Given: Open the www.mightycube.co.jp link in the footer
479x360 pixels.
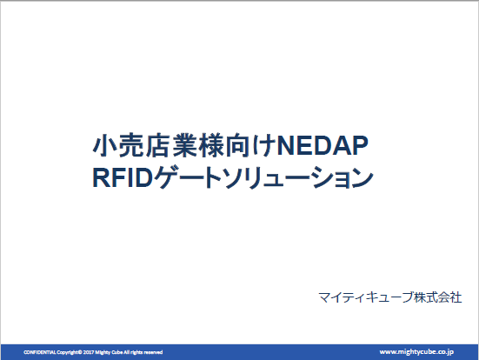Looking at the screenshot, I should [x=416, y=350].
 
